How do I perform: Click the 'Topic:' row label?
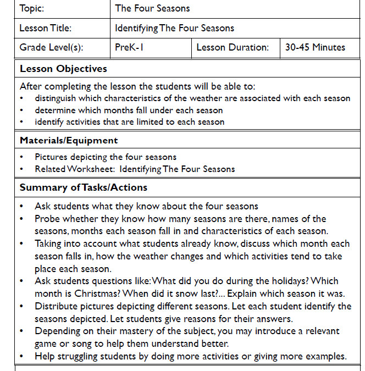[31, 8]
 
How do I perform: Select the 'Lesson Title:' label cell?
[45, 28]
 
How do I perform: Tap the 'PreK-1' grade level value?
[129, 47]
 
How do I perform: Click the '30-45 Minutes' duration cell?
[315, 47]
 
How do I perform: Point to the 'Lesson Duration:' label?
[232, 47]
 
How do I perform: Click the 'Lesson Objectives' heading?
[63, 69]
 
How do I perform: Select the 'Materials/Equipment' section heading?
[69, 140]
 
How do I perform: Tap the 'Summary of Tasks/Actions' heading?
[84, 187]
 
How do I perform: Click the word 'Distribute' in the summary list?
[56, 306]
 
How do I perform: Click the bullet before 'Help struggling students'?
[21, 356]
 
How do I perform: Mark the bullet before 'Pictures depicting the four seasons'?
[21, 157]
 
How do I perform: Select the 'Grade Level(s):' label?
[51, 47]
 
